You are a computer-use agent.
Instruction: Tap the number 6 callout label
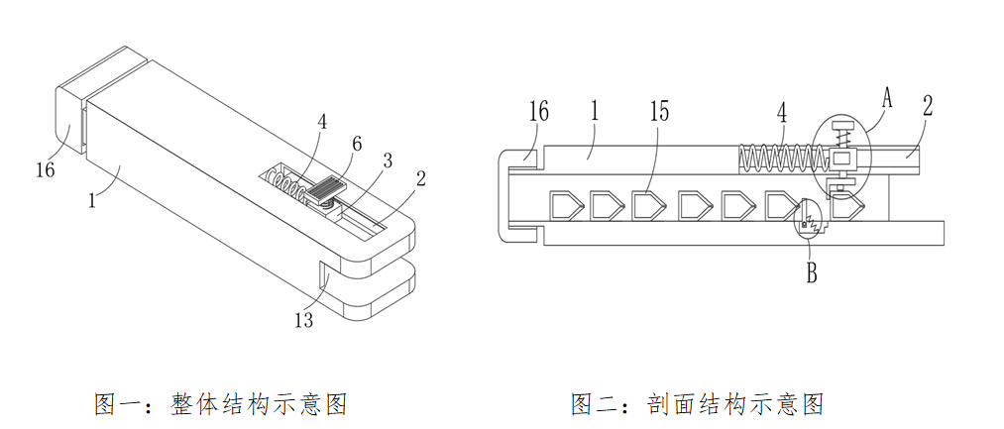(x=358, y=142)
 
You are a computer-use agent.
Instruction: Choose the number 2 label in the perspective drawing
(x=421, y=178)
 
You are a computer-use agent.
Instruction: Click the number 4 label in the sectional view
(x=782, y=110)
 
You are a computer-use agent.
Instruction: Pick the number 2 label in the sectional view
(x=927, y=106)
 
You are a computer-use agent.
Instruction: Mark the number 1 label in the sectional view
(x=594, y=110)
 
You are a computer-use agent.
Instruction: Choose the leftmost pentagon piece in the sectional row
(x=567, y=206)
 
